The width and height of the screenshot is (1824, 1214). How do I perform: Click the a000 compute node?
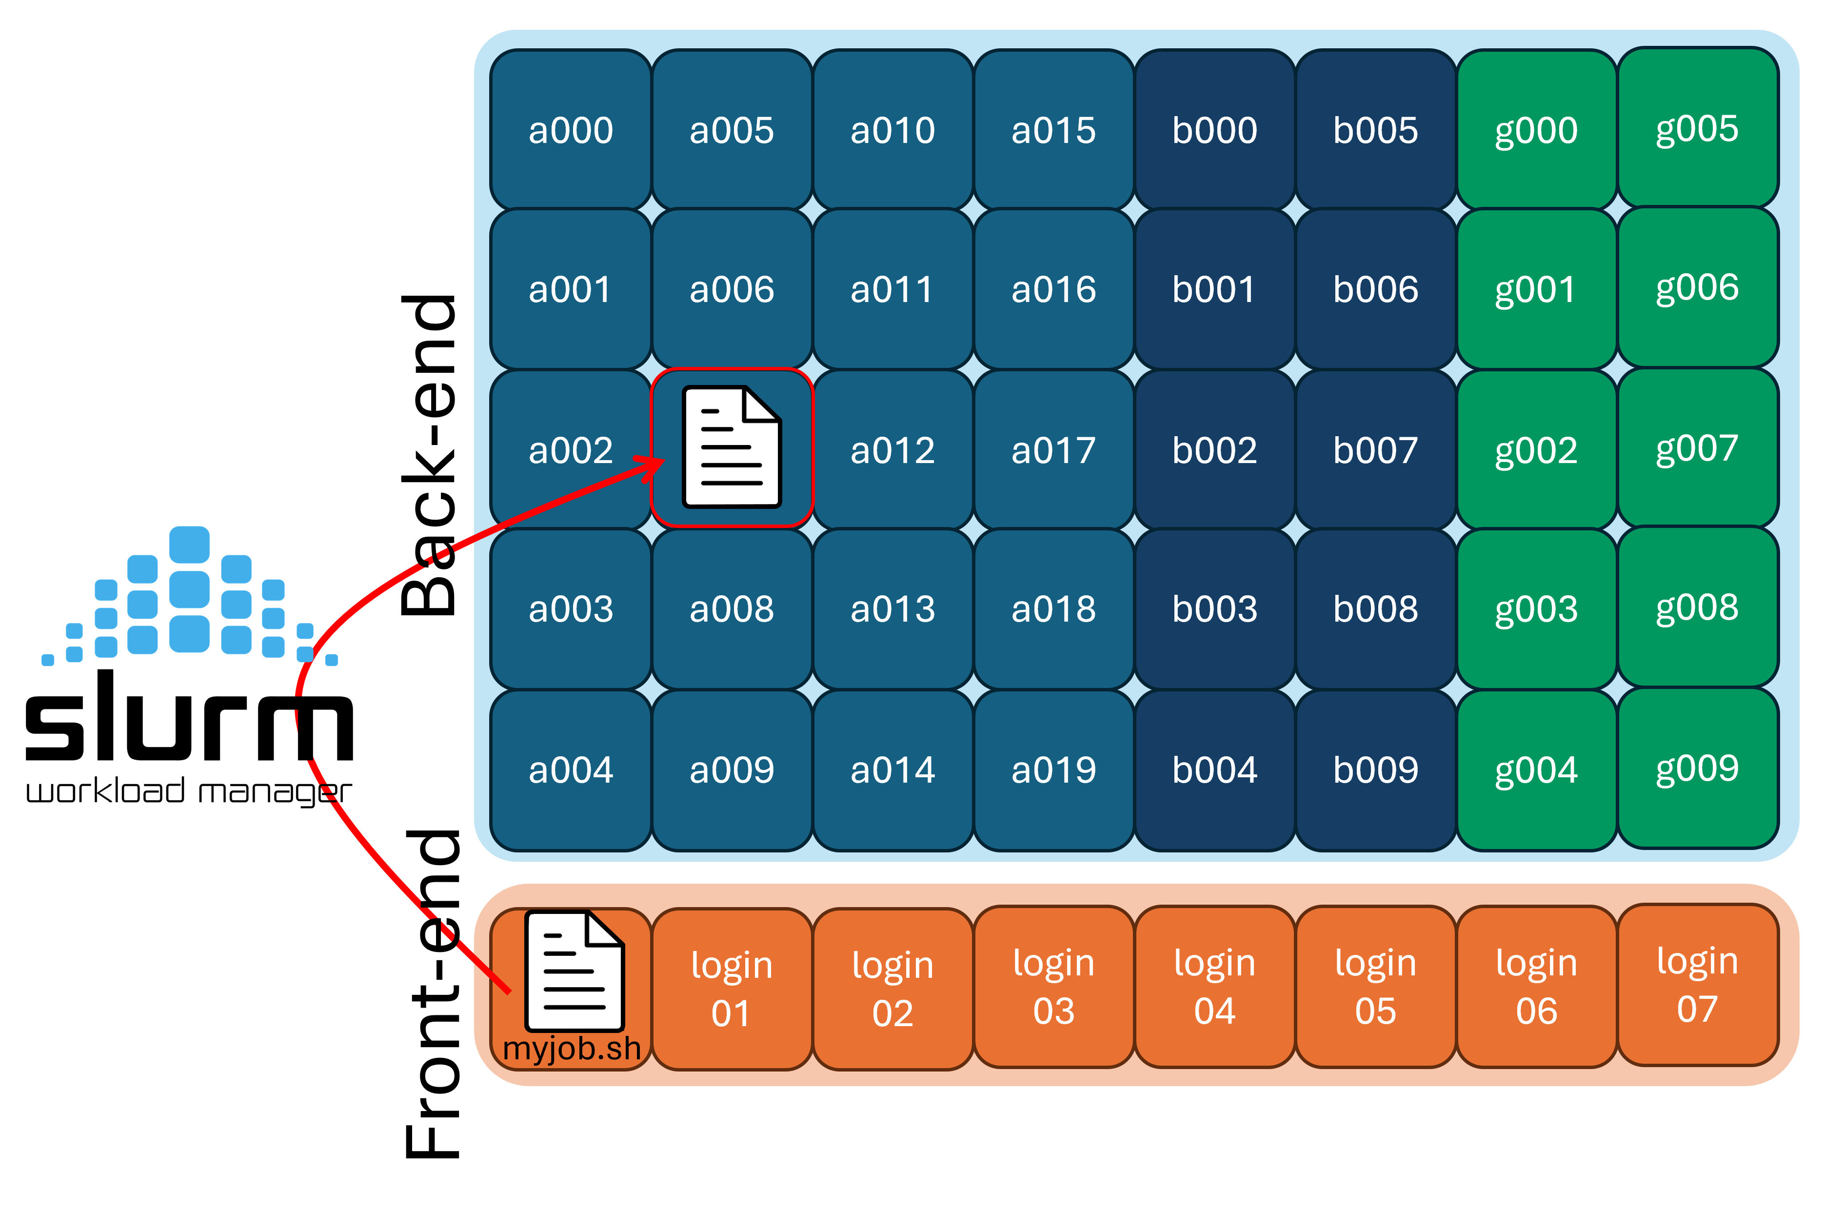click(x=570, y=130)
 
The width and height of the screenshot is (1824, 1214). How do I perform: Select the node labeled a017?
click(x=1053, y=450)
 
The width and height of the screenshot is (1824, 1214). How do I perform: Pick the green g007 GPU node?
click(x=1697, y=448)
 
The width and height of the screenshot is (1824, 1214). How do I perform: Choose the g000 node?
click(x=1536, y=130)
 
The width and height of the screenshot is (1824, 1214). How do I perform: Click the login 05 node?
click(x=1375, y=987)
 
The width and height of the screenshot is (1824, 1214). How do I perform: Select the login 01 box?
click(x=731, y=989)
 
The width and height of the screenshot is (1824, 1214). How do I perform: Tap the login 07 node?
click(x=1697, y=984)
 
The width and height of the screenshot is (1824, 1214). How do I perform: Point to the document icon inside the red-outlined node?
click(x=731, y=447)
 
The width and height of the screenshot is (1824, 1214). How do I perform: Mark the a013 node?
click(x=892, y=609)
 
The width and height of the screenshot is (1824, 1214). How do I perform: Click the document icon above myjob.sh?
click(x=574, y=971)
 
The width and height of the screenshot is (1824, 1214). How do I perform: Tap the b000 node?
click(x=1214, y=130)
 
